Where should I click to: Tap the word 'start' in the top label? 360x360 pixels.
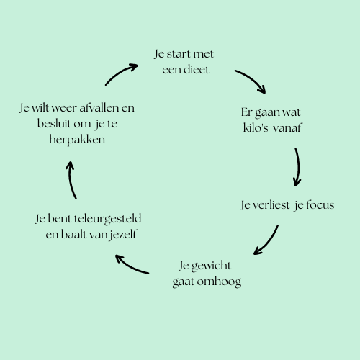click(x=178, y=54)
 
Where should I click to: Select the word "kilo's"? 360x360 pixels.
click(x=256, y=127)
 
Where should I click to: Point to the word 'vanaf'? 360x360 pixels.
click(x=287, y=127)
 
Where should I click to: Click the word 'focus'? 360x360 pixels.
click(x=320, y=204)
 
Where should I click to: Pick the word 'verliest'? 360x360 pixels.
click(x=271, y=205)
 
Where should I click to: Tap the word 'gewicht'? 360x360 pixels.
click(x=211, y=266)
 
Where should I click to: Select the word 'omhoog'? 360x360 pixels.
click(x=219, y=282)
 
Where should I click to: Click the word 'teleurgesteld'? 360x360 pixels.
click(x=107, y=219)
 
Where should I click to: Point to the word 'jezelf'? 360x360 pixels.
click(x=124, y=235)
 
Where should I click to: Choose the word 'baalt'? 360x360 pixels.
click(x=73, y=234)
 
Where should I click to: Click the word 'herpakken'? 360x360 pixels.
click(x=77, y=140)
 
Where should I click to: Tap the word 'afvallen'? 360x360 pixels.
click(x=99, y=108)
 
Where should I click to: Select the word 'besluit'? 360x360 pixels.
click(x=54, y=124)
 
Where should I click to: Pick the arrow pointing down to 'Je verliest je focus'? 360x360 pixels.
click(x=299, y=166)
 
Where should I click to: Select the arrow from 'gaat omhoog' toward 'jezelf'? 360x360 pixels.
click(x=130, y=266)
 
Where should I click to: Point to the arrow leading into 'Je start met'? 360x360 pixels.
click(x=120, y=72)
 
